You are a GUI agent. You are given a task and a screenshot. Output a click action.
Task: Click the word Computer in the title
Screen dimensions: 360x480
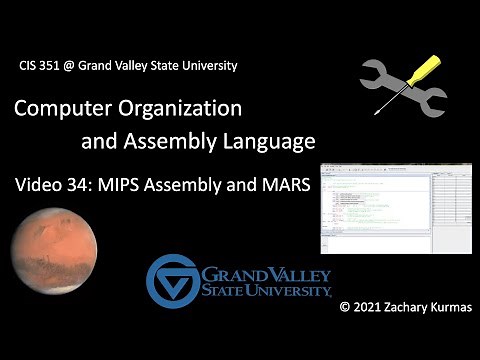pyautogui.click(x=71, y=107)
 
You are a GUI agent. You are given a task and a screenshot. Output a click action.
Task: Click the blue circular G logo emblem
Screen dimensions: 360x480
pyautogui.click(x=173, y=279)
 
